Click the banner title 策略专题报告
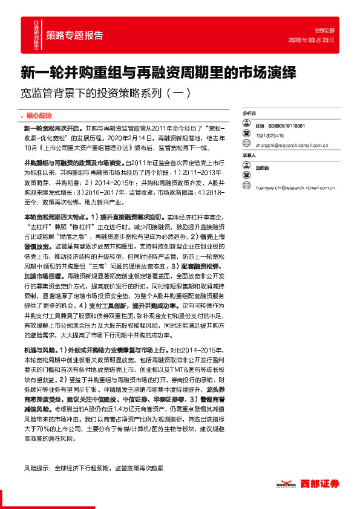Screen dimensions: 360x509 [x=74, y=35]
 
